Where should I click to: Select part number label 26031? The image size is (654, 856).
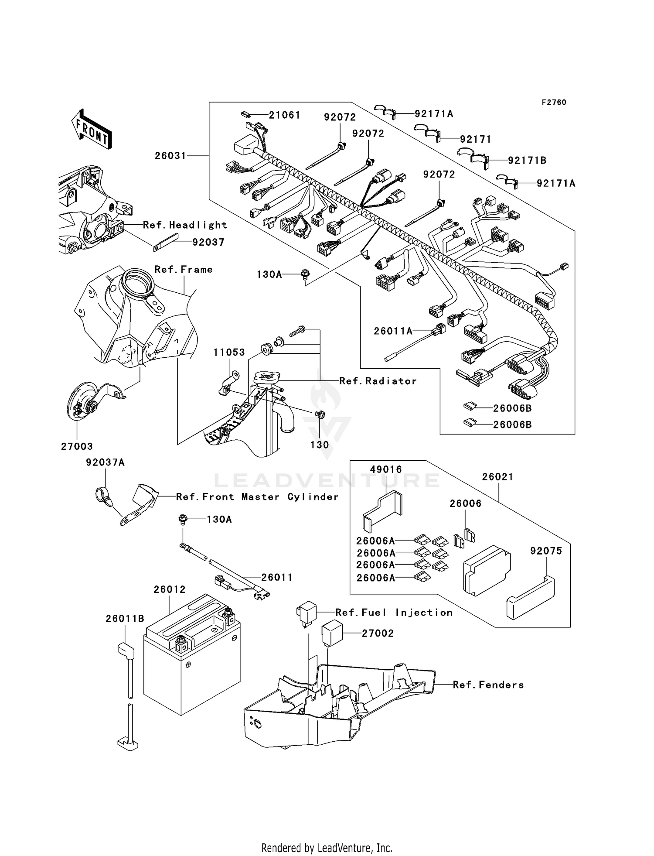[x=170, y=156]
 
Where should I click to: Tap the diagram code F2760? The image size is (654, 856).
[x=554, y=103]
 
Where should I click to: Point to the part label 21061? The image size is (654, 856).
[x=284, y=115]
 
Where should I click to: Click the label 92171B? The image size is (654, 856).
[x=527, y=161]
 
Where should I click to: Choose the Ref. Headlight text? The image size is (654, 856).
[x=185, y=225]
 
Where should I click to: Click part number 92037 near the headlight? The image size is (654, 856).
[x=208, y=242]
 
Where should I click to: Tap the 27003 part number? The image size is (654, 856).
[x=77, y=446]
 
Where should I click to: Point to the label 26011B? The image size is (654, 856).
[x=125, y=619]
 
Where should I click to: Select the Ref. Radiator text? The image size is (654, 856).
[x=378, y=381]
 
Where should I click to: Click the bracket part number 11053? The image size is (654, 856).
[x=229, y=352]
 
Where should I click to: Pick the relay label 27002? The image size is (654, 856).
[x=378, y=633]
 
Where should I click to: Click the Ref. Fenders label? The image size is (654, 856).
[x=488, y=685]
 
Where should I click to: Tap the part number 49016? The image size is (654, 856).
[x=386, y=469]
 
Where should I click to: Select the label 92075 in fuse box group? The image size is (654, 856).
[x=546, y=551]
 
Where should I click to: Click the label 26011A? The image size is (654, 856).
[x=393, y=331]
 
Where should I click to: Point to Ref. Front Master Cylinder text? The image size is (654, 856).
[x=257, y=497]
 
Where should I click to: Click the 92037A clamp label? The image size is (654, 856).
[x=105, y=462]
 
